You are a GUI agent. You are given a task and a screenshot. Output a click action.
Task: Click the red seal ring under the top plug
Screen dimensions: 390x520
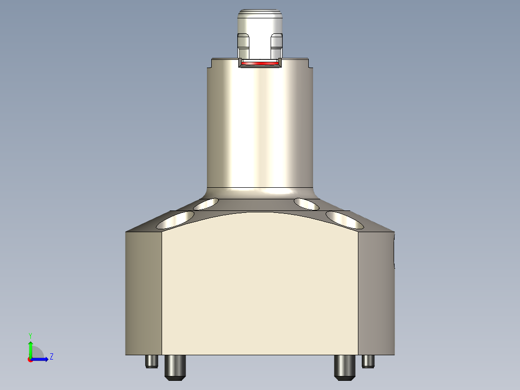pyautogui.click(x=260, y=63)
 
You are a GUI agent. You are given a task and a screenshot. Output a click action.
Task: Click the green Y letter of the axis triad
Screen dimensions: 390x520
pyautogui.click(x=30, y=335)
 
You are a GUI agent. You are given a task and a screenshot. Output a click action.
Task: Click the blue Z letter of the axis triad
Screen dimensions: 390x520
pyautogui.click(x=51, y=357)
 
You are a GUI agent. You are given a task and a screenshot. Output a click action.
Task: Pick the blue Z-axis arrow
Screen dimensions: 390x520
pyautogui.click(x=41, y=359)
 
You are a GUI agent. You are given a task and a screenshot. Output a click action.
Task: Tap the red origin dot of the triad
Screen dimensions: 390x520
pyautogui.click(x=30, y=360)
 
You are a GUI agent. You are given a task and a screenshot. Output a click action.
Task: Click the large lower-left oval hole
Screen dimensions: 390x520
pyautogui.click(x=176, y=220)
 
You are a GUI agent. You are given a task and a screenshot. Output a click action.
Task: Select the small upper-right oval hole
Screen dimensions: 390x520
pyautogui.click(x=307, y=204)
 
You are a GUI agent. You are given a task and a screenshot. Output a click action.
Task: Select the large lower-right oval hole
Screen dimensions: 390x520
pyautogui.click(x=344, y=220)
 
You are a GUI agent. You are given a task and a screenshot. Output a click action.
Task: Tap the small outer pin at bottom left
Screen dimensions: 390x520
pyautogui.click(x=151, y=361)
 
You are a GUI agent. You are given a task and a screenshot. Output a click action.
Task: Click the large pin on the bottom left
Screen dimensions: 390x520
pyautogui.click(x=175, y=367)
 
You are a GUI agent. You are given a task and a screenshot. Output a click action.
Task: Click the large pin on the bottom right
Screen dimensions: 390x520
pyautogui.click(x=344, y=367)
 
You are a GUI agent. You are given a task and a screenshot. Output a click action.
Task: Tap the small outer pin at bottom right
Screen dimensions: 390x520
pyautogui.click(x=369, y=361)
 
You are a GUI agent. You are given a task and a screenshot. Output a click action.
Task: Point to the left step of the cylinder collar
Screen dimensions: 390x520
pyautogui.click(x=211, y=63)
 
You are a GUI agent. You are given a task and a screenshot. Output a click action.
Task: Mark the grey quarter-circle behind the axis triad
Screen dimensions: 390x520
pyautogui.click(x=39, y=353)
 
